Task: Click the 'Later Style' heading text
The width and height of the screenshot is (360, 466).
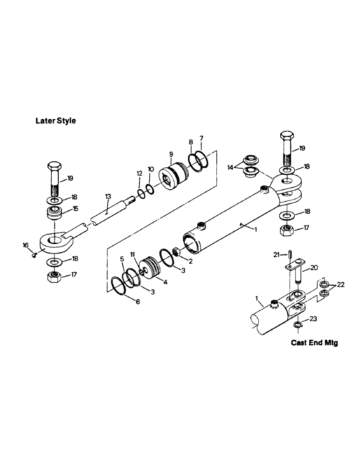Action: (55, 121)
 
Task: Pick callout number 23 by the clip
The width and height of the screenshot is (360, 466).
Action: (313, 319)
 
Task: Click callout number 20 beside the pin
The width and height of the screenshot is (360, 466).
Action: (314, 268)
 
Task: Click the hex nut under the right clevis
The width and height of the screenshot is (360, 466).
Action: (286, 230)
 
